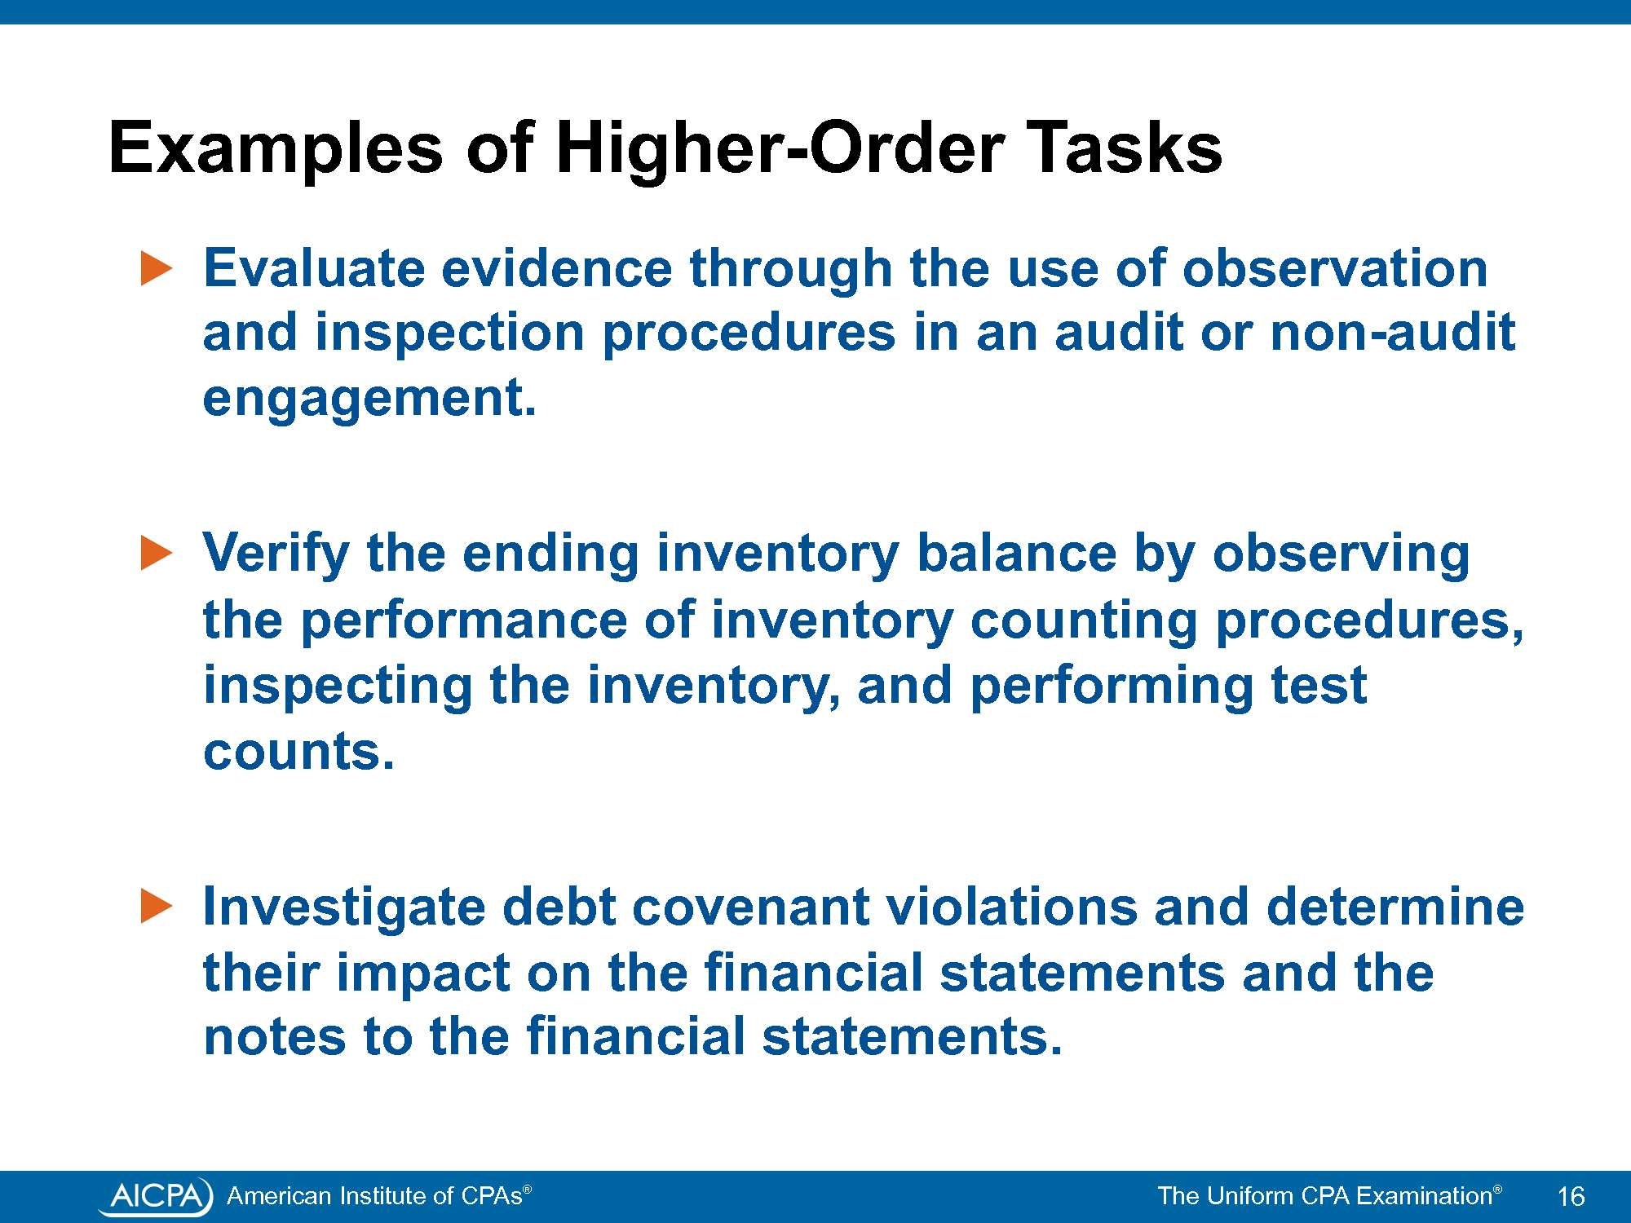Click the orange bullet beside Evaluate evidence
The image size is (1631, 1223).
pyautogui.click(x=157, y=268)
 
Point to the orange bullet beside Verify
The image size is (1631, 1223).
pyautogui.click(x=157, y=553)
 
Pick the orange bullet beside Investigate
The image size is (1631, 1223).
pyautogui.click(x=157, y=907)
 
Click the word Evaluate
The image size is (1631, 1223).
pyautogui.click(x=314, y=268)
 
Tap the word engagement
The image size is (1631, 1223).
pyautogui.click(x=369, y=400)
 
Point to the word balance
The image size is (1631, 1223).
pyautogui.click(x=1016, y=554)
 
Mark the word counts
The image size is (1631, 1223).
pyautogui.click(x=298, y=752)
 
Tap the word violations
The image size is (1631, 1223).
pyautogui.click(x=1011, y=907)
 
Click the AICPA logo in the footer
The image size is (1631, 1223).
pyautogui.click(x=156, y=1196)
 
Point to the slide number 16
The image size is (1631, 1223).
pyautogui.click(x=1571, y=1196)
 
